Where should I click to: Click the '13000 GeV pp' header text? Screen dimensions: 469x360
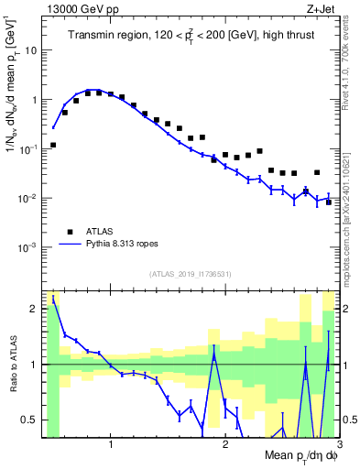[x=81, y=10]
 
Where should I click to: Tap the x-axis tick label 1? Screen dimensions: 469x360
[x=111, y=444]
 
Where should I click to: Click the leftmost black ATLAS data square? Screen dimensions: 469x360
[x=53, y=145]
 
